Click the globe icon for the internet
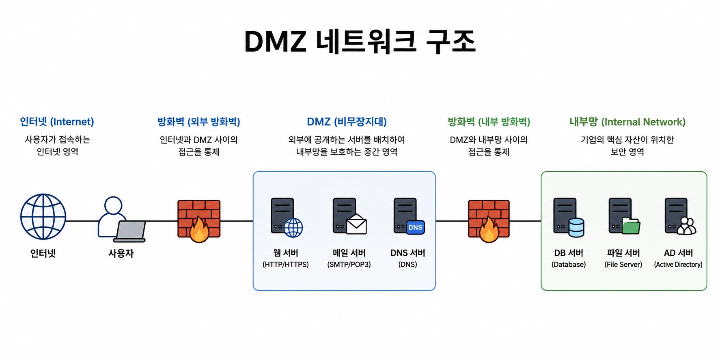click(x=43, y=217)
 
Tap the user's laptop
click(x=130, y=231)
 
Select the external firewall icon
click(x=199, y=221)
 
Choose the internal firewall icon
click(x=489, y=221)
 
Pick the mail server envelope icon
click(x=356, y=224)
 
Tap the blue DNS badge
click(x=415, y=227)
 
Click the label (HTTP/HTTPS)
click(x=286, y=265)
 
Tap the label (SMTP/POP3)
click(x=349, y=265)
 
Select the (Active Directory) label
click(x=678, y=265)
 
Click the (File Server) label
click(x=623, y=265)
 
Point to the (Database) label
click(x=569, y=265)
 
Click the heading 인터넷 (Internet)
click(x=57, y=122)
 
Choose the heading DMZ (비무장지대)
click(x=347, y=122)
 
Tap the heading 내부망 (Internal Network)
click(x=627, y=122)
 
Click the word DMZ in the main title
click(x=275, y=41)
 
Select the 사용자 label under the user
click(x=121, y=253)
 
